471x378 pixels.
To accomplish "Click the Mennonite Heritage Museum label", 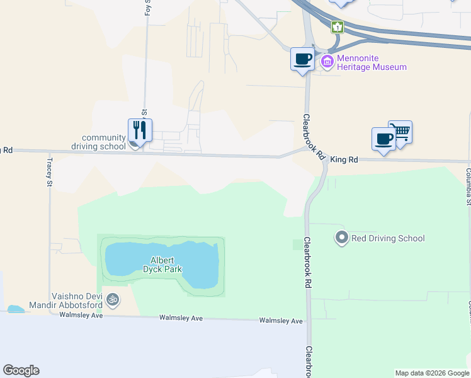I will [x=372, y=62].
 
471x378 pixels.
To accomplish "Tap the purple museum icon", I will [x=327, y=61].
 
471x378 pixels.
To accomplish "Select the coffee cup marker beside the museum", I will [x=303, y=59].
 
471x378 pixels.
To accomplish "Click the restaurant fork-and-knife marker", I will [x=140, y=130].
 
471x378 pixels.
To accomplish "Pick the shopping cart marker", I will [x=400, y=132].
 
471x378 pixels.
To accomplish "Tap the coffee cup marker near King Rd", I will [x=383, y=139].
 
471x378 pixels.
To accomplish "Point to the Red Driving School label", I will [x=388, y=238].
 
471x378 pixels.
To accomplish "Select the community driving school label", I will [x=104, y=142].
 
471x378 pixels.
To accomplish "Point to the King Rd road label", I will [x=344, y=160].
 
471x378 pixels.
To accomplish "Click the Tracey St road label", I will [x=50, y=172].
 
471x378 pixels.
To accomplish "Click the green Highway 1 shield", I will [x=338, y=26].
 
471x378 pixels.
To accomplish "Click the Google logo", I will [x=21, y=370].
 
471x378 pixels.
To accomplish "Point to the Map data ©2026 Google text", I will [x=432, y=373].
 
